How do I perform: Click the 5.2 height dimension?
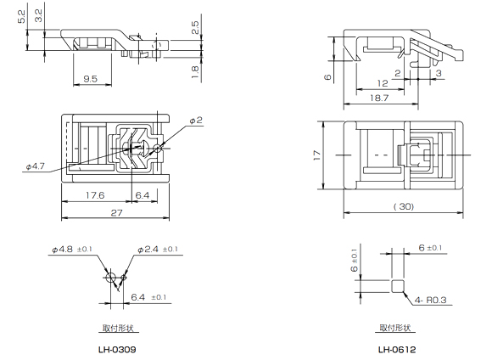pos(20,14)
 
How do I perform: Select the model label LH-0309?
pos(117,349)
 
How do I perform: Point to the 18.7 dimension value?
pos(380,99)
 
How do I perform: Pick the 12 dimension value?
pos(382,84)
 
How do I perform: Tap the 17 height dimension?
pos(316,156)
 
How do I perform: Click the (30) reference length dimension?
pos(405,206)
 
